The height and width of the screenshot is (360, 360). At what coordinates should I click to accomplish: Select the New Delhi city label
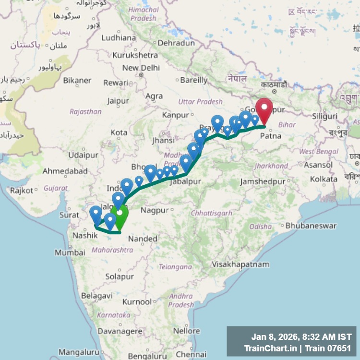141,68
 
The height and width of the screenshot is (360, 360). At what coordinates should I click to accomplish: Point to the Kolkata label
324,179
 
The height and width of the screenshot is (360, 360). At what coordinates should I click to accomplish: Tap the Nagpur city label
155,210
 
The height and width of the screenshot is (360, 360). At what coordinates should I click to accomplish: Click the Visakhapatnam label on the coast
240,264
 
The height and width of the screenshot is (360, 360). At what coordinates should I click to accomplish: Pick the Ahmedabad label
65,171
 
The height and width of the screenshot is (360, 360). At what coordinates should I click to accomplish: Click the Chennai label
191,355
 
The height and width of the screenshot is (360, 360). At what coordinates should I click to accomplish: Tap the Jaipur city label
118,101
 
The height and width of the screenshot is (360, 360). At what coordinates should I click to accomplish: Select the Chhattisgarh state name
211,213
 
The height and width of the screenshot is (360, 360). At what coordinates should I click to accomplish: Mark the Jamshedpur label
263,181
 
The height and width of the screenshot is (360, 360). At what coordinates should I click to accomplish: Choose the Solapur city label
120,276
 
